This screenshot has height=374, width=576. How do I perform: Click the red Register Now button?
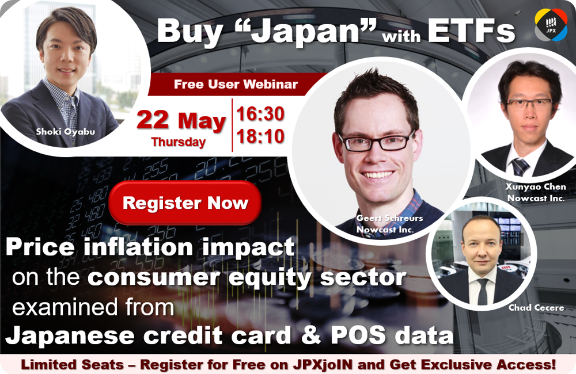pos(185,203)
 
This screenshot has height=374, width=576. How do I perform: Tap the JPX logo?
pos(551,25)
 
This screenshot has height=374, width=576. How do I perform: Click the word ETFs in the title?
pos(471,31)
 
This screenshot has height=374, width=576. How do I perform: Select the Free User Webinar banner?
pos(236,84)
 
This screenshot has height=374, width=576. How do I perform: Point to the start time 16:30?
pos(260,114)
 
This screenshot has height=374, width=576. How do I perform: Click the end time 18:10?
pos(260,136)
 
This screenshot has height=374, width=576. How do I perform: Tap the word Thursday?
pos(178,142)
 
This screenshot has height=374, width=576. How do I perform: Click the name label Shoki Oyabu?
pos(66,131)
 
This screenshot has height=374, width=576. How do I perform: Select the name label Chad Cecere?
pos(536,308)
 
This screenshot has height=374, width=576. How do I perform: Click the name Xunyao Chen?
pos(536,187)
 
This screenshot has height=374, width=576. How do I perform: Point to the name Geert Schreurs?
pos(389,218)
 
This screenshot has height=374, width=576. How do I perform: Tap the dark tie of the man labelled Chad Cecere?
pos(482,291)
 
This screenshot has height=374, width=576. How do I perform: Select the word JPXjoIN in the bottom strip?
pos(323,364)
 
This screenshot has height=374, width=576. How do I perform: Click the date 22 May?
pos(181,121)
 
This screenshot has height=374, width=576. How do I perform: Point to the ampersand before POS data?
pos(311,335)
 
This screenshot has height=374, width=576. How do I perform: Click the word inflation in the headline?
pos(138,247)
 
